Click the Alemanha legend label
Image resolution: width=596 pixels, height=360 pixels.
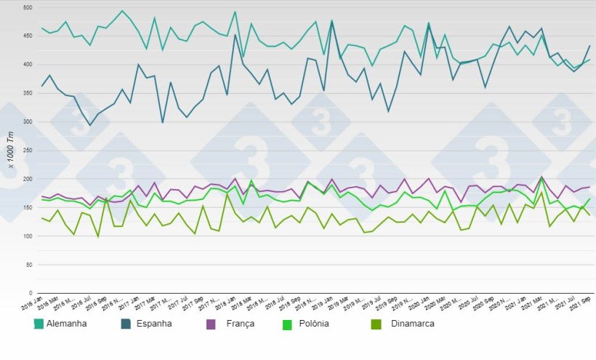tap(66, 324)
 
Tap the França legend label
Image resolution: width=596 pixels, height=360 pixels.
tap(239, 324)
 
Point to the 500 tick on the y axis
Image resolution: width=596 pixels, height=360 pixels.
tap(28, 7)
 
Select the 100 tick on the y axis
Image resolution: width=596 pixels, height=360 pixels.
tap(28, 236)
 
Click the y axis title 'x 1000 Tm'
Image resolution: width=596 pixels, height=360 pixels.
tap(10, 151)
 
